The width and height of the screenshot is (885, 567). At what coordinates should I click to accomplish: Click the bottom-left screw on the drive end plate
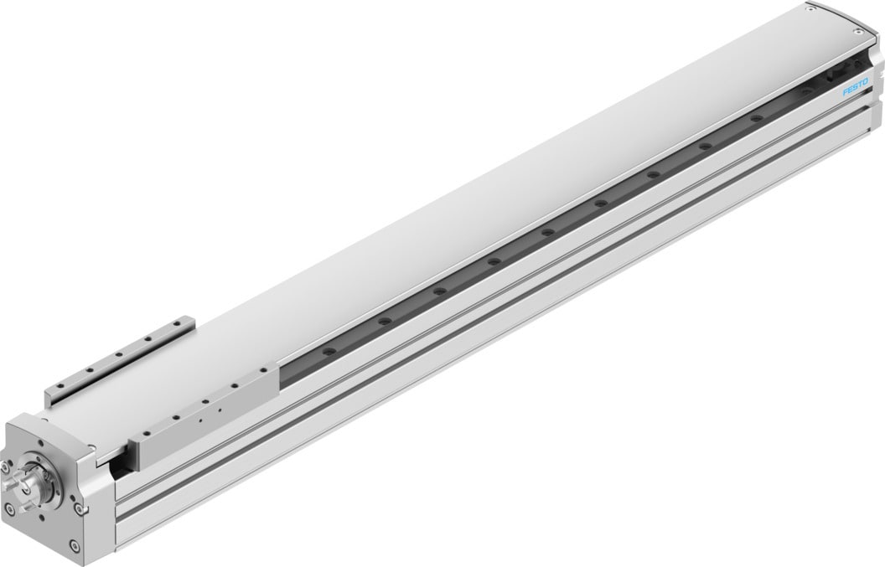click(x=15, y=508)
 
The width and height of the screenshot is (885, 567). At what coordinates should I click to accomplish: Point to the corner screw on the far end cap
click(x=810, y=10)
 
